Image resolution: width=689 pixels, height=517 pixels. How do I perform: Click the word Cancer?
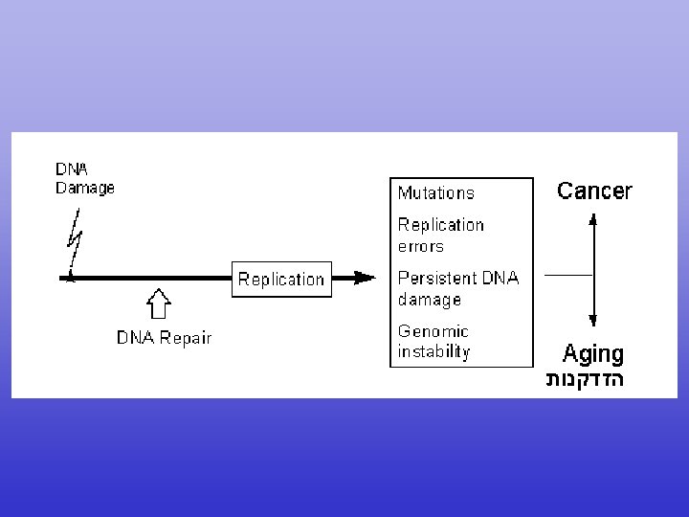pos(594,191)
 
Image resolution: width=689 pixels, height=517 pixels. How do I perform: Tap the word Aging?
pos(592,354)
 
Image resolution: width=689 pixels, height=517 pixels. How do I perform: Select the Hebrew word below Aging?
pos(585,380)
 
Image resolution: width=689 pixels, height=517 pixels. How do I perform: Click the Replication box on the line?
pos(281,279)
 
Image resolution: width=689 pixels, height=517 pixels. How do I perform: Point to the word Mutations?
pos(435,192)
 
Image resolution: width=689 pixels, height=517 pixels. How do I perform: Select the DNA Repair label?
pos(164,337)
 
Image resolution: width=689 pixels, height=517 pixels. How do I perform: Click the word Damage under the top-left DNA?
pos(84,188)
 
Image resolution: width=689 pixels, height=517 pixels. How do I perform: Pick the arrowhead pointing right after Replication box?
pos(364,278)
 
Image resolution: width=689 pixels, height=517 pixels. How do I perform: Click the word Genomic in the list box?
pos(433,331)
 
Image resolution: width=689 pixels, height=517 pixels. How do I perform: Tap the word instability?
pos(434,351)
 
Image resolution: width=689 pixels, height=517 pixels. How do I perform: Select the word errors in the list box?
pos(421,246)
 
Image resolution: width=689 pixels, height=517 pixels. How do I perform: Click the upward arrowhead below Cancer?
pos(592,219)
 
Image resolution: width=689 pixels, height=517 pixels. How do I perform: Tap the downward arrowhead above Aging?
pos(592,322)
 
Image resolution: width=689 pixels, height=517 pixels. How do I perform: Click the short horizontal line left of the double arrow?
pos(567,275)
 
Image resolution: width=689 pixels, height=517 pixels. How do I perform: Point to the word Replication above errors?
pos(441,225)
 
